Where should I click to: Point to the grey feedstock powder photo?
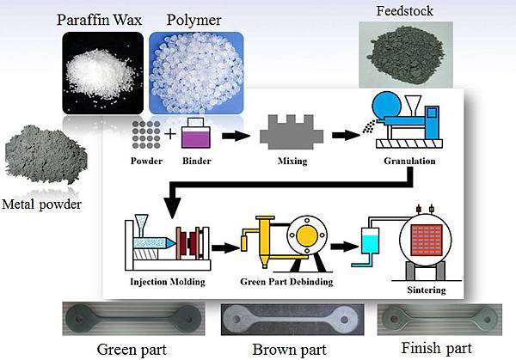(x=402, y=54)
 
